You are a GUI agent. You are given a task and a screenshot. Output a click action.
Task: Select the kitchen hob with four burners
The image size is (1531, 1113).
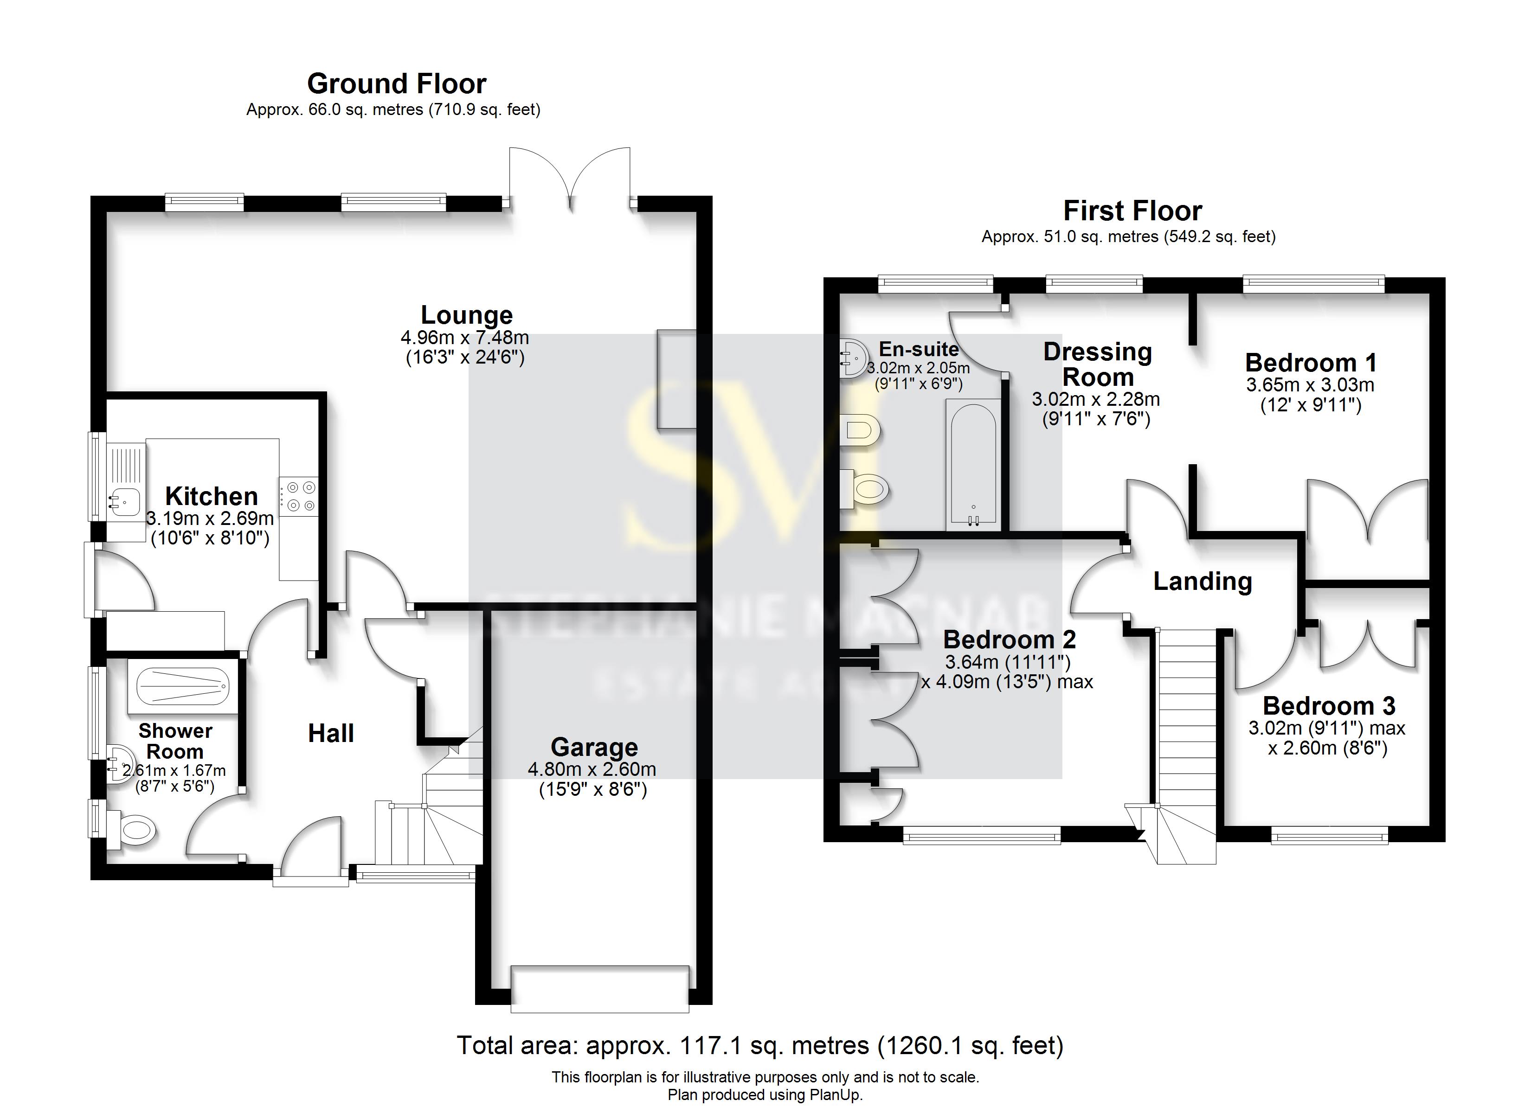(x=298, y=496)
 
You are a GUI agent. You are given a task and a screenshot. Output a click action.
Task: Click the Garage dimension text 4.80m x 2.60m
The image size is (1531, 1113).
(x=592, y=769)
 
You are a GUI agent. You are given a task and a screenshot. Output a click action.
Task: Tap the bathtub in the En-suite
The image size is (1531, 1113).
(x=973, y=464)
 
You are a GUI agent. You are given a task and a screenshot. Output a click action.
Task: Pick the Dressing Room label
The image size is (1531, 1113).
(x=1098, y=365)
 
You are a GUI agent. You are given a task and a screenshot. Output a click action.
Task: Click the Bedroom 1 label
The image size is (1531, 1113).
(x=1310, y=363)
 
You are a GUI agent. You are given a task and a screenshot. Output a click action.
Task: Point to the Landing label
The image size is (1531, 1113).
(x=1202, y=581)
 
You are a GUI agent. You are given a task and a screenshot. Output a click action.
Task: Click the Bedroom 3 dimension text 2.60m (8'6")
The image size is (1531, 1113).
(x=1327, y=748)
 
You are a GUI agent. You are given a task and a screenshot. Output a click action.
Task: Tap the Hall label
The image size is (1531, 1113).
(x=331, y=734)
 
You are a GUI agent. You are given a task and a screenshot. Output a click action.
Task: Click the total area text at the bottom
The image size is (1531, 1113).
(x=760, y=1045)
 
